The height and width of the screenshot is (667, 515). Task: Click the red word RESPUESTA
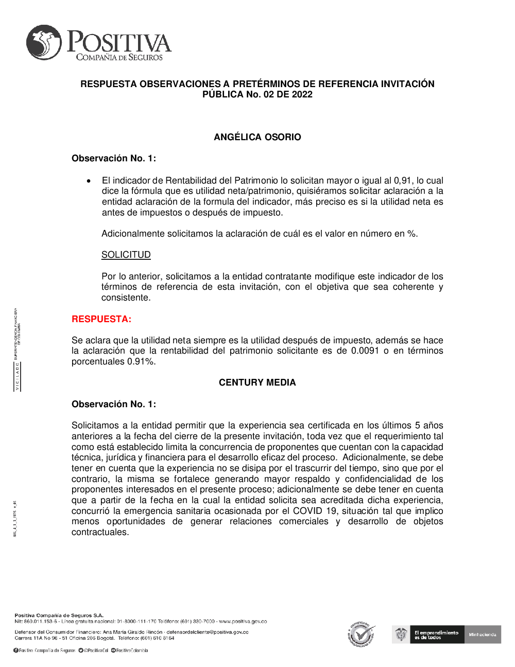101,319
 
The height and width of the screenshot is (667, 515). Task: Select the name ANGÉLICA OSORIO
257,137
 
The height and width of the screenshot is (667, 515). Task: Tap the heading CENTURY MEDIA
257,382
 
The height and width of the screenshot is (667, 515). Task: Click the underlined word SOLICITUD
126,255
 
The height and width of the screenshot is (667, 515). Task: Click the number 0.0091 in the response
365,351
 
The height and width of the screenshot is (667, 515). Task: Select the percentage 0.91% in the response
141,361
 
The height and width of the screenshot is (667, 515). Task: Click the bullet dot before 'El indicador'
89,181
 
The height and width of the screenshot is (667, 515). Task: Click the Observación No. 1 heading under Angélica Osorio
113,158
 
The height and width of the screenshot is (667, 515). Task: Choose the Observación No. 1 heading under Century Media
113,404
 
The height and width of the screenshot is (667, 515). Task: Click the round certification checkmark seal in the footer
362,635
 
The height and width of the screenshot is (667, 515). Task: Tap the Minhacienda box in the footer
483,635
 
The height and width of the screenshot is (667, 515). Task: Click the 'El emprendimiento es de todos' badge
436,635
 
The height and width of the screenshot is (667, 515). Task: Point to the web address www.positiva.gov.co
243,622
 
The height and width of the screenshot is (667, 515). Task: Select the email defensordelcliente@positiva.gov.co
208,632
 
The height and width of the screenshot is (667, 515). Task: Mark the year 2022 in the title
302,94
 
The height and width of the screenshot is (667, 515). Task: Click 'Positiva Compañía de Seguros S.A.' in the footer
59,615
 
